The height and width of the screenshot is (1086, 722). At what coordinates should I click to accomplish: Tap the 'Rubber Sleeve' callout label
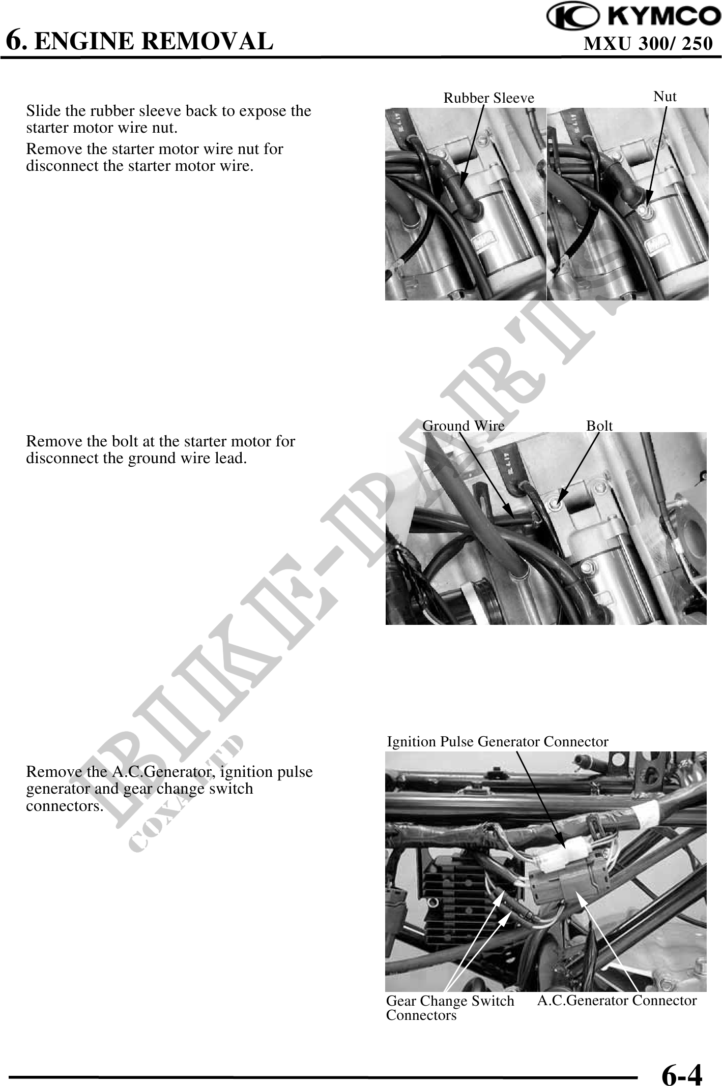pyautogui.click(x=489, y=98)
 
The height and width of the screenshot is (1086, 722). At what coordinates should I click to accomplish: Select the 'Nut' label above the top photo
pyautogui.click(x=665, y=96)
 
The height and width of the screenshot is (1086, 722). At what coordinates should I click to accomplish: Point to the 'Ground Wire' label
pyautogui.click(x=464, y=426)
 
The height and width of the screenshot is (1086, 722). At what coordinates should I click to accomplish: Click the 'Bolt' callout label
pyautogui.click(x=599, y=426)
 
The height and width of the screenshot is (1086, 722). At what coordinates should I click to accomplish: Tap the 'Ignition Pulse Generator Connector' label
pyautogui.click(x=498, y=742)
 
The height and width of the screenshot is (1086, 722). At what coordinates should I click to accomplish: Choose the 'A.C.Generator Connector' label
pyautogui.click(x=617, y=1000)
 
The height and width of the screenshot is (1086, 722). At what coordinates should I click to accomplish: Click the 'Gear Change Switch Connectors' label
pyautogui.click(x=450, y=1008)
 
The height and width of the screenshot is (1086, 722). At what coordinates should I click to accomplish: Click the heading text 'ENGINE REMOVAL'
pyautogui.click(x=154, y=41)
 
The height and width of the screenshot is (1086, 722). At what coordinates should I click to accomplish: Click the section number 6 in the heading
pyautogui.click(x=15, y=40)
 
